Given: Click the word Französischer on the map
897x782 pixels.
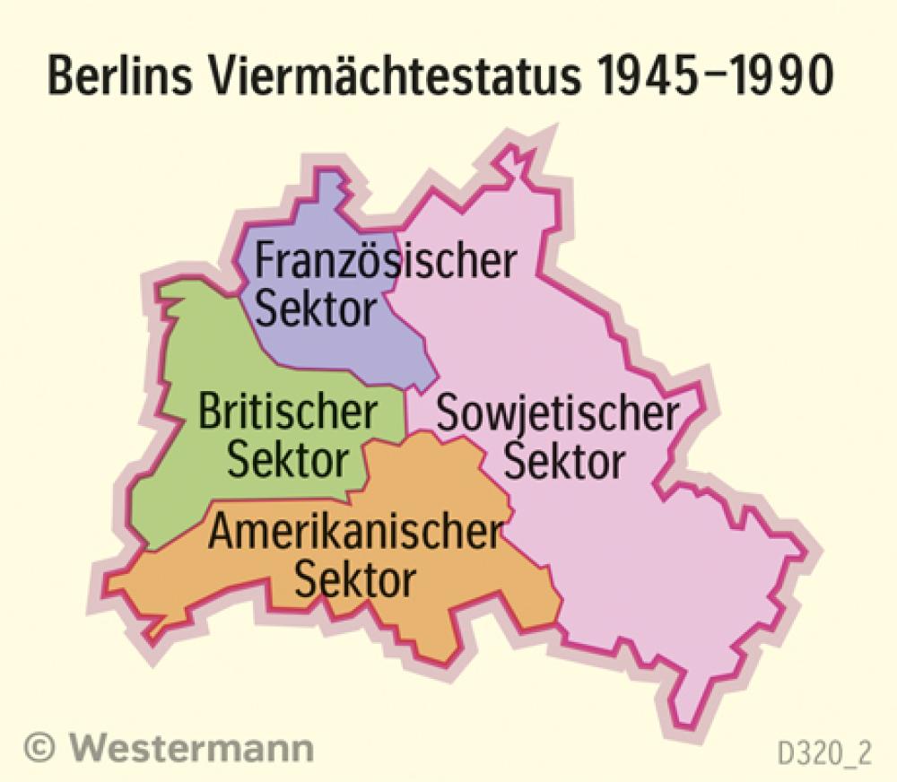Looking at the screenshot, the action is coord(386,262).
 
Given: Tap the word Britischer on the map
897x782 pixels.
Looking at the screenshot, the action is coord(287,413).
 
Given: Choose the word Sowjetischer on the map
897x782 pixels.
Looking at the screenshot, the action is coord(556,413).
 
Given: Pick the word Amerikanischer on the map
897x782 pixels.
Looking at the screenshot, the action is coord(353,535).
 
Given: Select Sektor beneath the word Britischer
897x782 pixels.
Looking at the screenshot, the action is coord(287,461).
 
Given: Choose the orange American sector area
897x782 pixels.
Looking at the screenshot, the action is coord(466,619).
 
